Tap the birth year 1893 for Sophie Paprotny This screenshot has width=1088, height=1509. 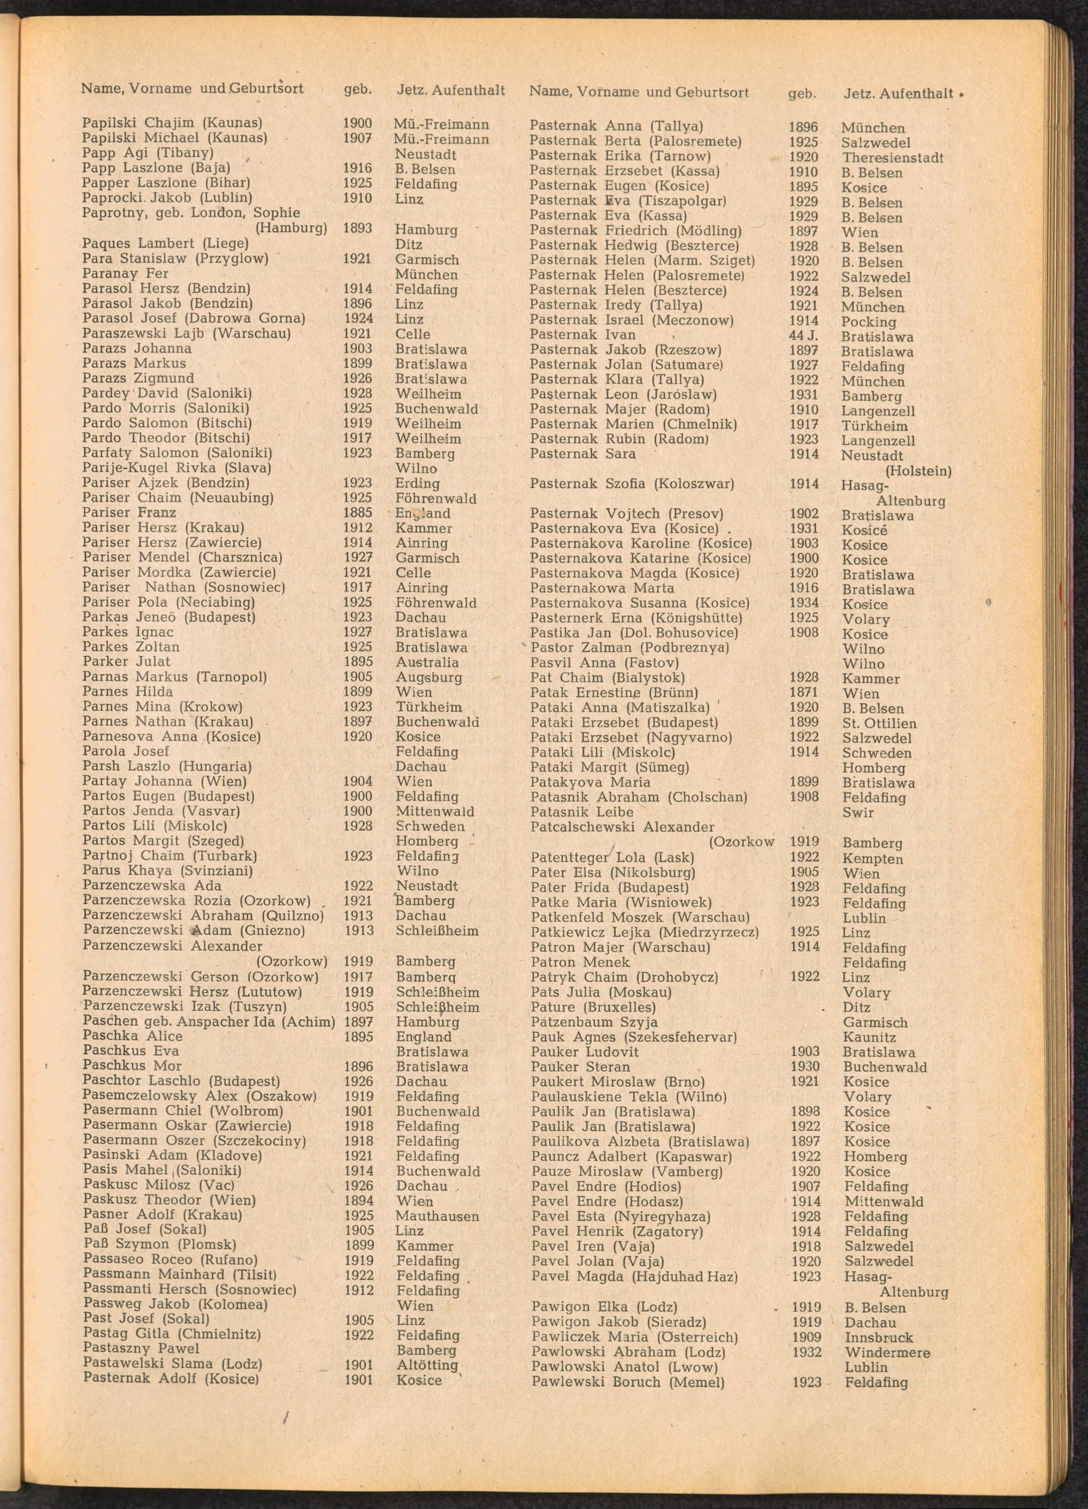pos(357,229)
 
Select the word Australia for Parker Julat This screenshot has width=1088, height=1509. pos(426,663)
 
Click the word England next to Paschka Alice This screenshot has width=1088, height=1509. pos(423,1037)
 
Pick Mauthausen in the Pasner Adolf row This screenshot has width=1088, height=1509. pos(437,1216)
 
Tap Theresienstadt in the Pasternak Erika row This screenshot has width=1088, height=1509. pos(892,158)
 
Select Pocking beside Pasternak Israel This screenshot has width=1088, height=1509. pos(868,321)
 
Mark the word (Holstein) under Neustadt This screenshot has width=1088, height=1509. pos(918,471)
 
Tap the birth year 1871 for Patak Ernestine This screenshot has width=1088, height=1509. pos(803,692)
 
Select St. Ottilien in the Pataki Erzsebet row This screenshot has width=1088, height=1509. pos(879,723)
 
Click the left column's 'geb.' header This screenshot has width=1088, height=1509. pos(357,89)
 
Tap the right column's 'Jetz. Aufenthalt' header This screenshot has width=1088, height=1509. pos(898,94)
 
